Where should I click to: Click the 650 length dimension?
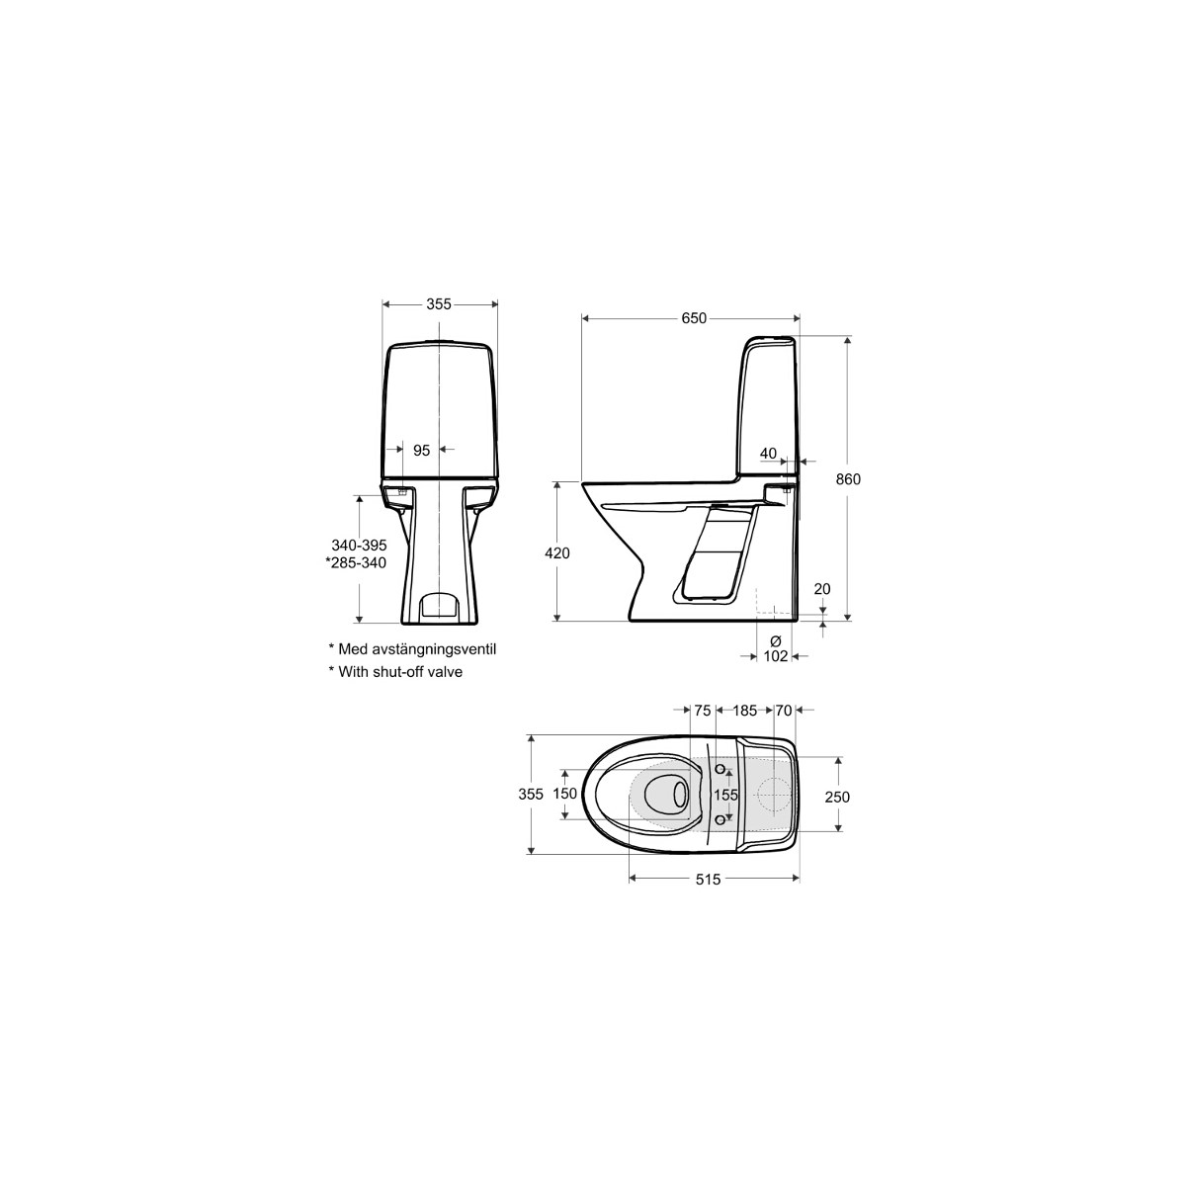(694, 318)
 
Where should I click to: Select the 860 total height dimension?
(848, 478)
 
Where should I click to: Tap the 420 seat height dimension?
(557, 553)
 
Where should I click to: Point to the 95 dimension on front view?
(421, 451)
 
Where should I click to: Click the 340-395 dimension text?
(359, 545)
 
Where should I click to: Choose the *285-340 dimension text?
(356, 562)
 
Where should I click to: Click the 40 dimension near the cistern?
(768, 454)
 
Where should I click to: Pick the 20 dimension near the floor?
(822, 589)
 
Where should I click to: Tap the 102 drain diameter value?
(776, 656)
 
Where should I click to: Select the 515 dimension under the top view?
(708, 881)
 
